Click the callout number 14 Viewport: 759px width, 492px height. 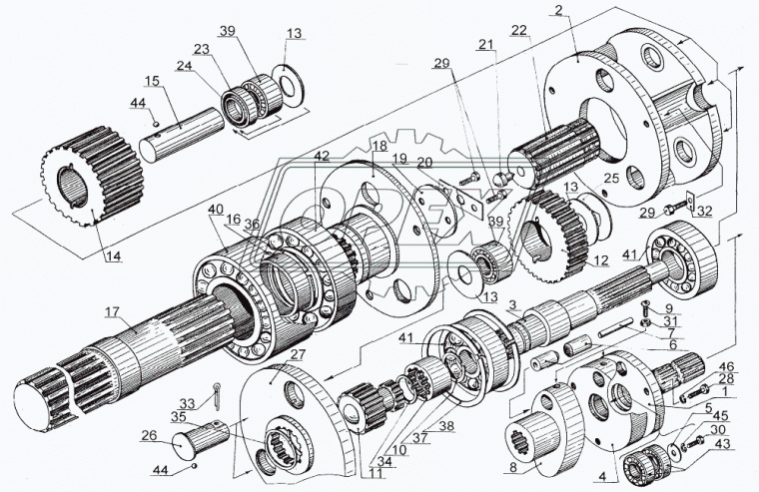pos(113,256)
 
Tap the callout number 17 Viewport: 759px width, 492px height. pos(112,312)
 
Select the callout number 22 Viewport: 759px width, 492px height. pos(518,30)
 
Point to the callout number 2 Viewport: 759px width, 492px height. pos(559,11)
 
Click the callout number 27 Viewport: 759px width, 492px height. pos(299,354)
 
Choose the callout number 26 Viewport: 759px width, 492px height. pos(149,435)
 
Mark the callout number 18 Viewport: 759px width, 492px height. pos(379,147)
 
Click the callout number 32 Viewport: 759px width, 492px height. pos(704,211)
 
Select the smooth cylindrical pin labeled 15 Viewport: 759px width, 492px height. pos(182,135)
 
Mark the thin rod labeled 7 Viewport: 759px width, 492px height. pos(616,327)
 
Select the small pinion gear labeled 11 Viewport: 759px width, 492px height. pos(365,406)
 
